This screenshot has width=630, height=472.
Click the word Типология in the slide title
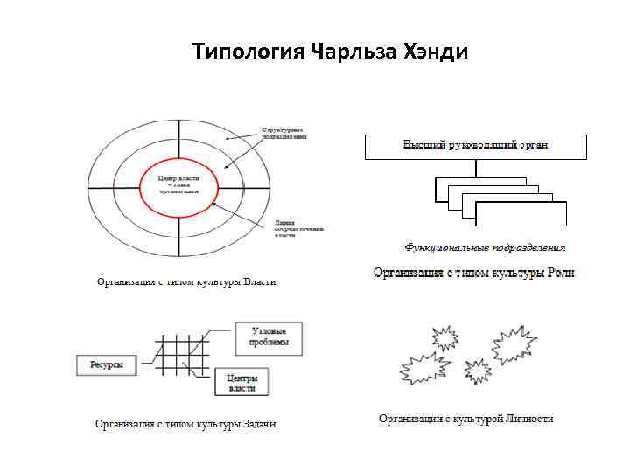pos(248,52)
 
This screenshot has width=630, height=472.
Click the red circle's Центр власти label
pos(178,182)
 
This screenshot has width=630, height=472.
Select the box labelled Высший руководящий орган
pos(475,146)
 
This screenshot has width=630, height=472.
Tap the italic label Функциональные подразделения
pos(485,247)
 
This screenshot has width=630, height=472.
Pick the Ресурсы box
pos(107,364)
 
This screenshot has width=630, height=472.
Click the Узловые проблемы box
pos(269,338)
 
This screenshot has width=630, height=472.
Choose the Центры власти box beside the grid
pos(241,382)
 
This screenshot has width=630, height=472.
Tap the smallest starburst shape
pos(478,371)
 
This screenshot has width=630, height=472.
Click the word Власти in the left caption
pos(259,281)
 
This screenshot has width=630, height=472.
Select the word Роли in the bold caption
pos(560,273)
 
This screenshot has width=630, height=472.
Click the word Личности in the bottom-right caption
pos(529,419)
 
